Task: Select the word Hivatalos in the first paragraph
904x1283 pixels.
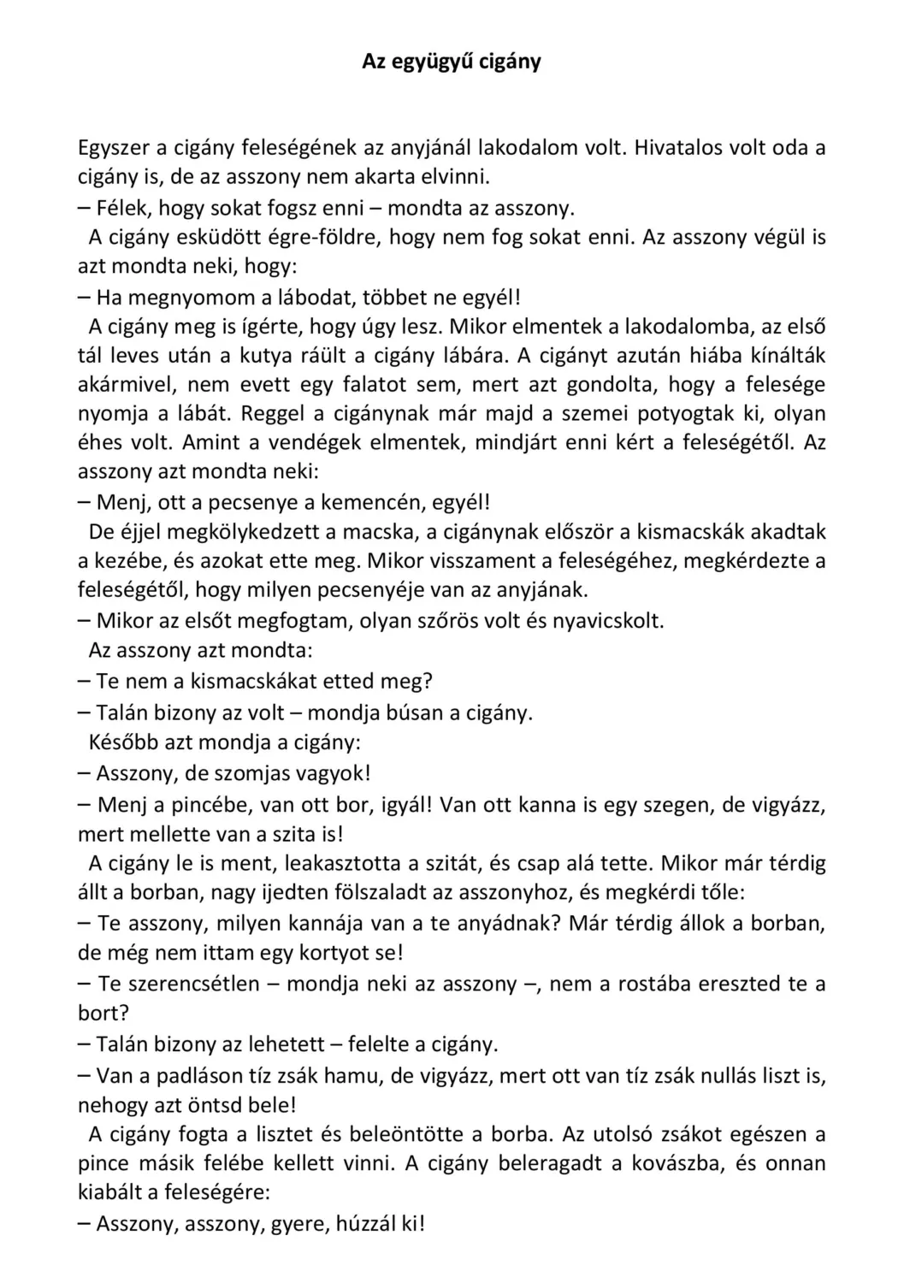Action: tap(678, 148)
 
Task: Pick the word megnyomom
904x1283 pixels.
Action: tap(197, 298)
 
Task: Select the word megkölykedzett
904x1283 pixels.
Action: tap(245, 532)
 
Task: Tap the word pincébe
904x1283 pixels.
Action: tap(196, 805)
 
